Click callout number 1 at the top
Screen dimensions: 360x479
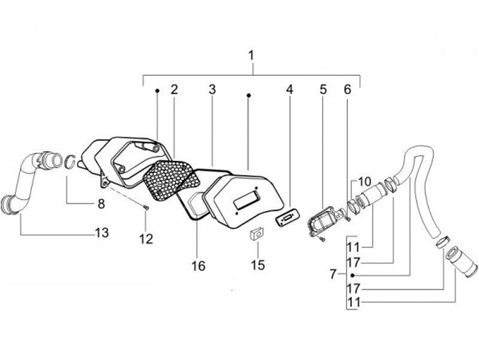251,55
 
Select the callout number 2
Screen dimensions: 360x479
174,89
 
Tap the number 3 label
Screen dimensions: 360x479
212,89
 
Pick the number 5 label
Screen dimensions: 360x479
323,89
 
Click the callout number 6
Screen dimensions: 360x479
347,89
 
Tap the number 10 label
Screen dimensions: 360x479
365,181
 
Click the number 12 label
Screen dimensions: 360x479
146,238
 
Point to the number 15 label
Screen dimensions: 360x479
257,265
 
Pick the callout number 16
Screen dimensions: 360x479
198,266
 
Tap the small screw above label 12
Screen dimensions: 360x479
146,212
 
